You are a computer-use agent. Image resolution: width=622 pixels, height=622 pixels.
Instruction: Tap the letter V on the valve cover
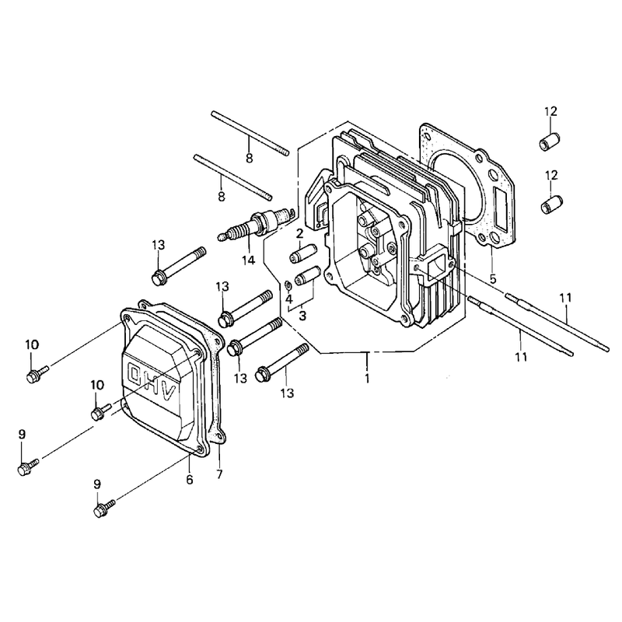pyautogui.click(x=168, y=395)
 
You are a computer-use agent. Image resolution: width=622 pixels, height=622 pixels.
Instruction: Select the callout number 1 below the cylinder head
pyautogui.click(x=367, y=378)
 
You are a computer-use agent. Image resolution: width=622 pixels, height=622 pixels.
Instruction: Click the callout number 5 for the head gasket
pyautogui.click(x=493, y=279)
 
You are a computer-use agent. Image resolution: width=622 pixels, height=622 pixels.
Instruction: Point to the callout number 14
pyautogui.click(x=249, y=260)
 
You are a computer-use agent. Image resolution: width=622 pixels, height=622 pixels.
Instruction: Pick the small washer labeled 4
pyautogui.click(x=288, y=285)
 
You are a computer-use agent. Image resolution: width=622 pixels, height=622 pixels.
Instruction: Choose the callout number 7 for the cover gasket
pyautogui.click(x=220, y=474)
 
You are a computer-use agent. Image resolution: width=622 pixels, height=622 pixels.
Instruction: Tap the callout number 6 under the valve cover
pyautogui.click(x=190, y=480)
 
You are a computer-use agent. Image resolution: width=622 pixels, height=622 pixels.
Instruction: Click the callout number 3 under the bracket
pyautogui.click(x=302, y=316)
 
